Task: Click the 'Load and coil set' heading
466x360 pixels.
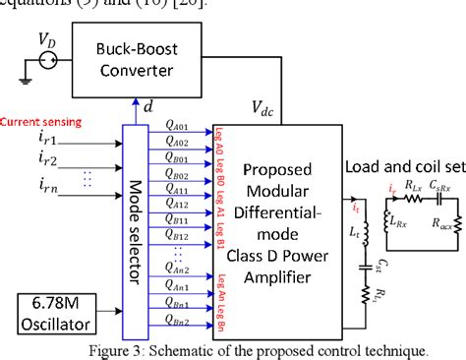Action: coord(406,165)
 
